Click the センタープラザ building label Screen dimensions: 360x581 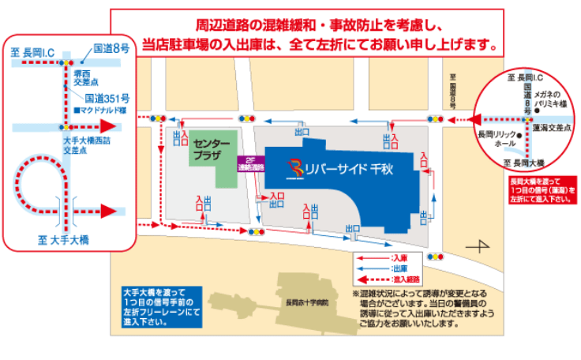[x=211, y=150]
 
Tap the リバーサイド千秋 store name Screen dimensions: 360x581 [x=348, y=168]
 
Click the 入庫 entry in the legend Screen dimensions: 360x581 [x=399, y=258]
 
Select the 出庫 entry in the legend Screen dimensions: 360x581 [x=399, y=268]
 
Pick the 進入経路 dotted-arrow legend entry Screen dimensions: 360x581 [x=403, y=279]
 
